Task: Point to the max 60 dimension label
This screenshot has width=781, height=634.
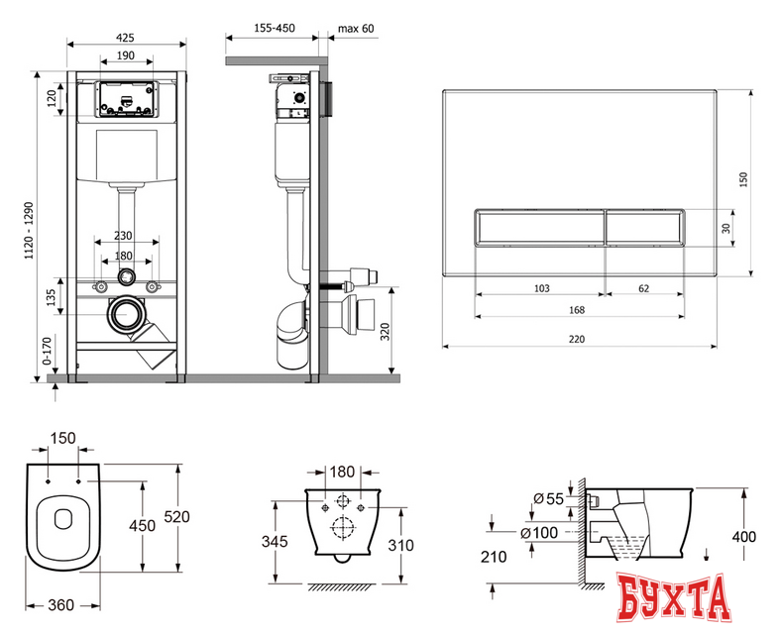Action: point(355,29)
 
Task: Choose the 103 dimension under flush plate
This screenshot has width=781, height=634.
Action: point(541,288)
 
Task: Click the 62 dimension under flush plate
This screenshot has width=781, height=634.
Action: point(643,288)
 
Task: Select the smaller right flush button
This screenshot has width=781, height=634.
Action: point(643,228)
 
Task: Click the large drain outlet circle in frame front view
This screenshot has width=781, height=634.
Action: point(126,314)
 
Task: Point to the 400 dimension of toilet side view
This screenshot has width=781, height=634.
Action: point(744,537)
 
